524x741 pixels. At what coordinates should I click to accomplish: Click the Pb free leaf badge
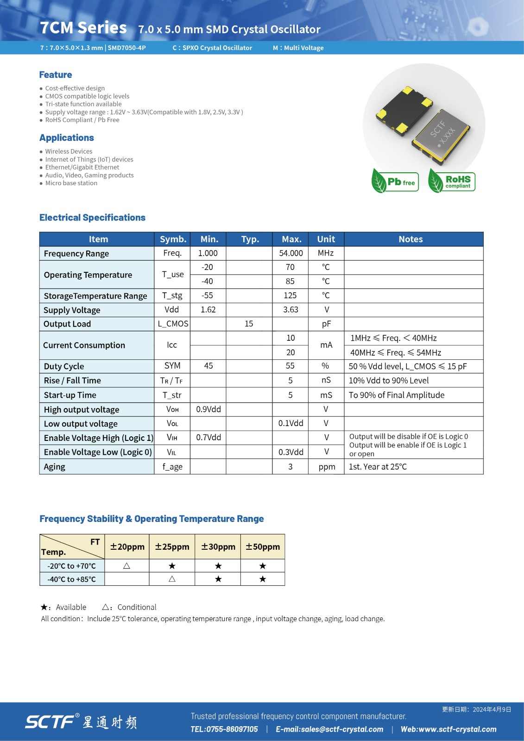[395, 182]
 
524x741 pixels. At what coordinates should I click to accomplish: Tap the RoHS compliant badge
[452, 181]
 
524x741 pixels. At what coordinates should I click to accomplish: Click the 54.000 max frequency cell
[290, 253]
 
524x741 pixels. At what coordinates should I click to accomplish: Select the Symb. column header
[173, 239]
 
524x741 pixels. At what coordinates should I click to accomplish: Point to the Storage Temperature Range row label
[95, 296]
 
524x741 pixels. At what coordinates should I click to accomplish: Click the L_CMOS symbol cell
[173, 324]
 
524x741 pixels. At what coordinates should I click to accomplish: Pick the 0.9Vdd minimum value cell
[208, 409]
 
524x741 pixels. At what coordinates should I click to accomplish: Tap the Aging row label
[55, 467]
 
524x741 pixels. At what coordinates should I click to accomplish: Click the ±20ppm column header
[127, 546]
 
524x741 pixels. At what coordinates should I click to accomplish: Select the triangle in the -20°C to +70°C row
[126, 566]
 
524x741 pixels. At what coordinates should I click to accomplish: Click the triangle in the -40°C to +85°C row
[172, 579]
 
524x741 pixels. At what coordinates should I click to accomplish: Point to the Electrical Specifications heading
[92, 218]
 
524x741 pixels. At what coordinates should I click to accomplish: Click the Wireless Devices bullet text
[69, 151]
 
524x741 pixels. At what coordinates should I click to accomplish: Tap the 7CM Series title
[83, 28]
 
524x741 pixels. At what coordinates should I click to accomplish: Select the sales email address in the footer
[329, 729]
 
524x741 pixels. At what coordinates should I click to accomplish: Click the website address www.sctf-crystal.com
[448, 729]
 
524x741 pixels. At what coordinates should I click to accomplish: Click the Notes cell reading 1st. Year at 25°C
[378, 467]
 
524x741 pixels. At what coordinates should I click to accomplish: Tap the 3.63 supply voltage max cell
[290, 310]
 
